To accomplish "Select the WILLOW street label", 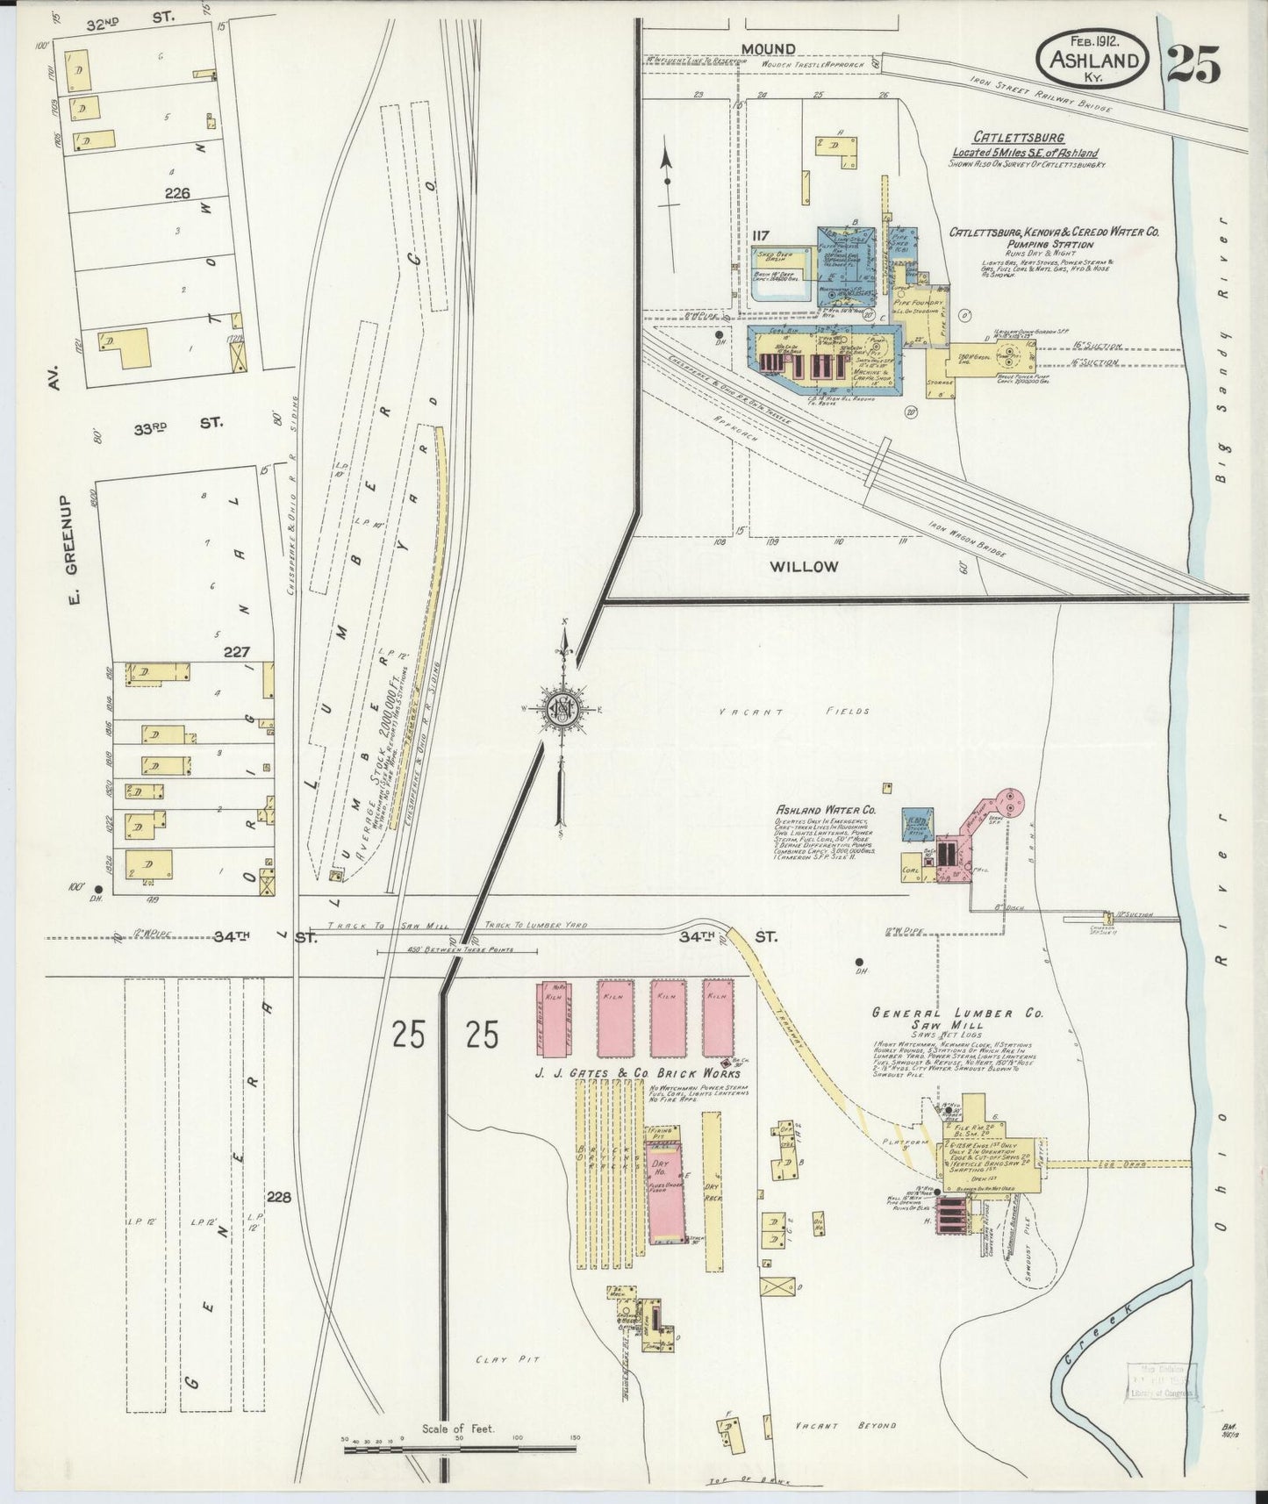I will coord(803,566).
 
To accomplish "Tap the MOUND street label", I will coord(768,48).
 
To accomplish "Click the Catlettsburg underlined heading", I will coord(1018,138).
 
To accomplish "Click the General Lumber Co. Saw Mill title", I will coord(957,1018).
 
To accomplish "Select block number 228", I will coord(279,1196).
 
